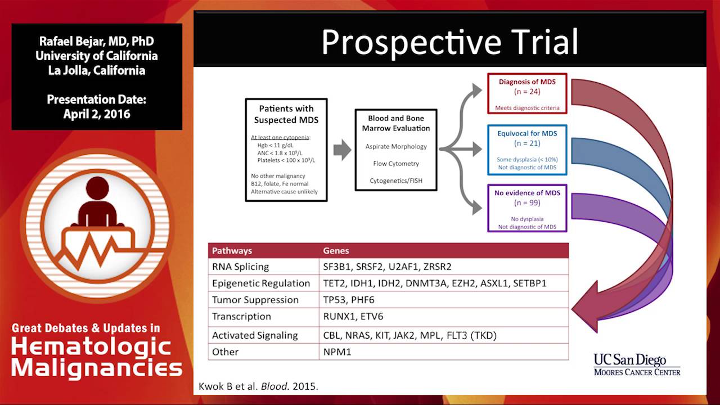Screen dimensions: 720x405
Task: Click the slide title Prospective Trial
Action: (449, 42)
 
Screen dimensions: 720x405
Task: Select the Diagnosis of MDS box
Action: (527, 93)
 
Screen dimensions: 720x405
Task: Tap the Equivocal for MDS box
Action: (527, 150)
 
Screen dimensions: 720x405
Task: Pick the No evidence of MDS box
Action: (527, 208)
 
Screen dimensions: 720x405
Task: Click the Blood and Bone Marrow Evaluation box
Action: (396, 150)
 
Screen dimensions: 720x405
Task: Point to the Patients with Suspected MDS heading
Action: (286, 114)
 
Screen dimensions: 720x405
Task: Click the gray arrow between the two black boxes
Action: (343, 150)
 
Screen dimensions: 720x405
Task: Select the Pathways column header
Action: (232, 251)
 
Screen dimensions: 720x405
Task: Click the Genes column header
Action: (336, 251)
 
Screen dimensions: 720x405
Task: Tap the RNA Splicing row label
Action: (240, 267)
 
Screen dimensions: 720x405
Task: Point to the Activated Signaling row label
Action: (255, 336)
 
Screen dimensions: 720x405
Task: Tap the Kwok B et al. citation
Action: (258, 386)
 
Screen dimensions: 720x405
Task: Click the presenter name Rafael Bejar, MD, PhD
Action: (96, 41)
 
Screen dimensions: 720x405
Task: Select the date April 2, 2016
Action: (96, 114)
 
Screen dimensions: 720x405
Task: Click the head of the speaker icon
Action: (97, 187)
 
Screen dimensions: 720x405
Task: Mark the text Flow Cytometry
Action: (396, 164)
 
